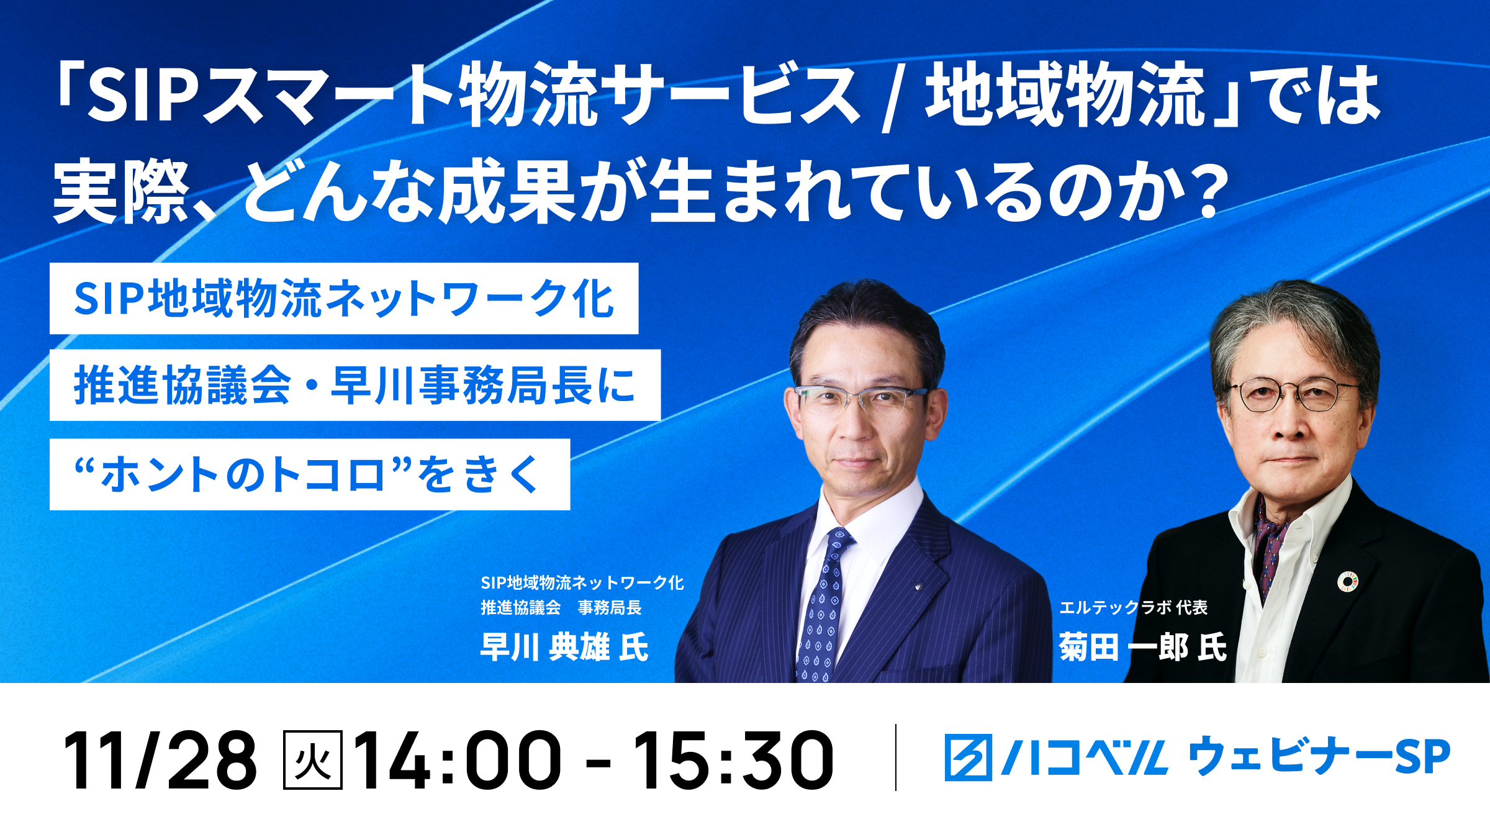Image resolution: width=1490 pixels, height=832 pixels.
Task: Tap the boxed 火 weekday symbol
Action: pyautogui.click(x=312, y=760)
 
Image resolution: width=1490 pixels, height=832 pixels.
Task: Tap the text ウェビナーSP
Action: pyautogui.click(x=1319, y=756)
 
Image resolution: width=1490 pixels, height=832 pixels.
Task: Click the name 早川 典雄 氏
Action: pyautogui.click(x=564, y=647)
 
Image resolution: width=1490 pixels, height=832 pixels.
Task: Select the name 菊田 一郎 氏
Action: pyautogui.click(x=1143, y=647)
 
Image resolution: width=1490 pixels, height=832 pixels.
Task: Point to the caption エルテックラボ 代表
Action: pyautogui.click(x=1133, y=607)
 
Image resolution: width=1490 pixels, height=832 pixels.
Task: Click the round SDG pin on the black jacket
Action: pyautogui.click(x=1348, y=581)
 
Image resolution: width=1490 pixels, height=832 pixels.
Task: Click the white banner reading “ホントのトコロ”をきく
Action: pyautogui.click(x=310, y=474)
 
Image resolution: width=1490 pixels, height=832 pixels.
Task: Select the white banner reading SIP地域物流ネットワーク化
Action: pyautogui.click(x=344, y=299)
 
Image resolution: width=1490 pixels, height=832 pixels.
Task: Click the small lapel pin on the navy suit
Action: pyautogui.click(x=918, y=585)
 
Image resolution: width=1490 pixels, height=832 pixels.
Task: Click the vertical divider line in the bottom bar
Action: pyautogui.click(x=896, y=757)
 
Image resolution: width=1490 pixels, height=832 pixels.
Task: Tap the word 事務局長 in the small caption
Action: pyautogui.click(x=610, y=607)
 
